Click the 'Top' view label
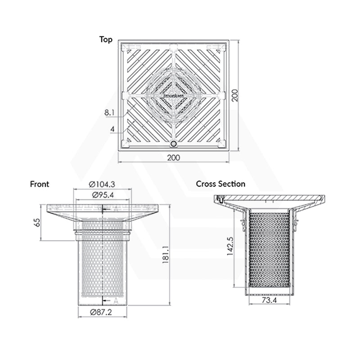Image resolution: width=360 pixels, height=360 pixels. click(106, 40)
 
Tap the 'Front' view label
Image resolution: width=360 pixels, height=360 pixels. click(40, 184)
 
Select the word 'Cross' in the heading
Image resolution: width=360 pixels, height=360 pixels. click(207, 184)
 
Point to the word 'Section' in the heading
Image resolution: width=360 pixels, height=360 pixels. click(232, 184)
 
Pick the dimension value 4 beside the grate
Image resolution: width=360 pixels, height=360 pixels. click(112, 129)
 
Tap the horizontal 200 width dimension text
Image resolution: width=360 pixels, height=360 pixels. click(174, 157)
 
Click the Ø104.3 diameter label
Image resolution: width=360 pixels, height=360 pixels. click(103, 184)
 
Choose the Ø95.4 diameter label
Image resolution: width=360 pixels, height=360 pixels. click(103, 195)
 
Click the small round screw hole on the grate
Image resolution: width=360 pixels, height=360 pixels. click(174, 144)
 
